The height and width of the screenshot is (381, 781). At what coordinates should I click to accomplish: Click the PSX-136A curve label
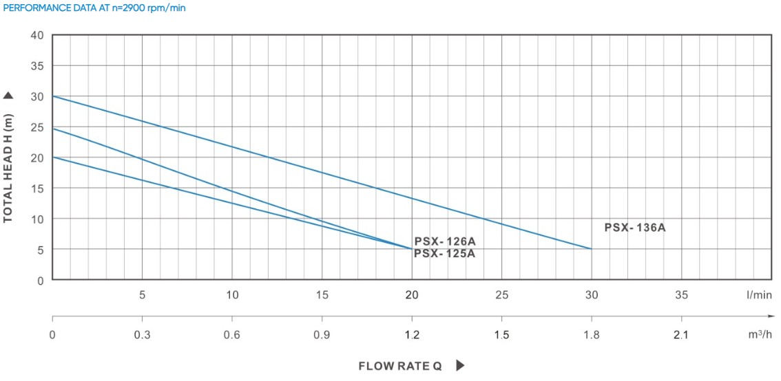click(x=634, y=228)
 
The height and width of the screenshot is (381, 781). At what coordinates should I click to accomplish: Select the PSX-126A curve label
click(x=444, y=241)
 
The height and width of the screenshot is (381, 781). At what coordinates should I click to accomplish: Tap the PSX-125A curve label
click(x=444, y=253)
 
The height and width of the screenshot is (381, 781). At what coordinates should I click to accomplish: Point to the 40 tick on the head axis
click(x=37, y=35)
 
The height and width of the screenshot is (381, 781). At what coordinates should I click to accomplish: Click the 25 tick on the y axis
click(x=37, y=127)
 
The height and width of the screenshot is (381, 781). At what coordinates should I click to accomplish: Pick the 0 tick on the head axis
click(x=40, y=281)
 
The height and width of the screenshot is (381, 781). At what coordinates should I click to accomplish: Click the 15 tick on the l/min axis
click(x=322, y=295)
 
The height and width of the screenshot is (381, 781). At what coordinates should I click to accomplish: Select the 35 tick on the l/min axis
click(x=681, y=295)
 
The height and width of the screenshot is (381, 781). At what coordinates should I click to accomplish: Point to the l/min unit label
click(x=758, y=295)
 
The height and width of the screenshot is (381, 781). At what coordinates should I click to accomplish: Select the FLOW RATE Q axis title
click(x=399, y=366)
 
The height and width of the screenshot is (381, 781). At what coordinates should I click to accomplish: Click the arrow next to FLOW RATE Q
click(x=460, y=366)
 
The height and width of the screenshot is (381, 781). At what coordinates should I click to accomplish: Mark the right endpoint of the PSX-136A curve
click(x=591, y=249)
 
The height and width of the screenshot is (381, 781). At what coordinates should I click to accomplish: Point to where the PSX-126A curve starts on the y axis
click(x=53, y=129)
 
